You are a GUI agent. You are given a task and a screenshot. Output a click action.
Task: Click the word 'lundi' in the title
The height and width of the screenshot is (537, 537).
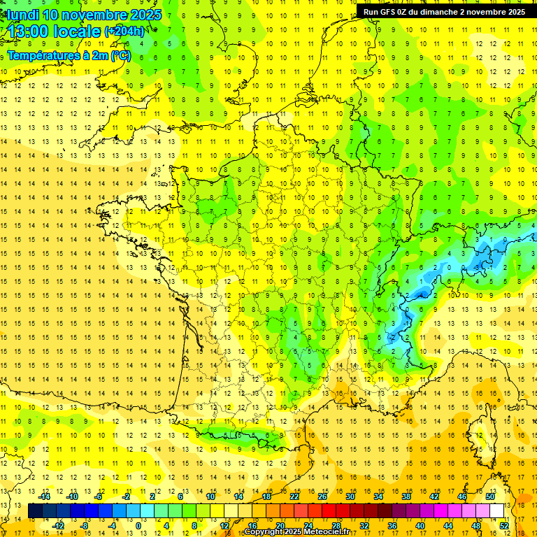point(22,15)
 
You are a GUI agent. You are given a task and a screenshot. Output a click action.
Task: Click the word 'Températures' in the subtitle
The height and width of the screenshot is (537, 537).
point(38,55)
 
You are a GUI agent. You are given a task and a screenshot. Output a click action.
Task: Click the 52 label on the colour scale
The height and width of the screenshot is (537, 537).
point(503,525)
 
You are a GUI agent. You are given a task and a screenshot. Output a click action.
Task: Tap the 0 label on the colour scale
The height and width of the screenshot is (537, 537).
point(138,525)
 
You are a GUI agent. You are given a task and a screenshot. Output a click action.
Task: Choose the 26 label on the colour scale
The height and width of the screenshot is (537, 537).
point(322,496)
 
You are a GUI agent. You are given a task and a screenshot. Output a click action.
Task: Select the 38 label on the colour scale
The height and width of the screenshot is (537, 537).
point(406,496)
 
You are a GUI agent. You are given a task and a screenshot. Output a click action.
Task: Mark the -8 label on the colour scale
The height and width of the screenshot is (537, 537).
point(85,525)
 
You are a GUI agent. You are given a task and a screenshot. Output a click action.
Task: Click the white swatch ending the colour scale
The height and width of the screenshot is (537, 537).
point(496,511)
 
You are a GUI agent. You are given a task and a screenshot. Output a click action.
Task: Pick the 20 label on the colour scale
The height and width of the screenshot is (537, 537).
point(280,525)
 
